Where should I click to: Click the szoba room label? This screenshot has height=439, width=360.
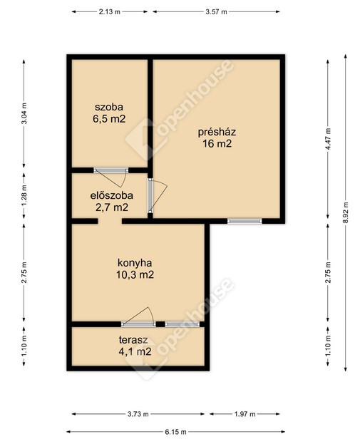tap(109, 107)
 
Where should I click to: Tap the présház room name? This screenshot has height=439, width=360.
tap(217, 132)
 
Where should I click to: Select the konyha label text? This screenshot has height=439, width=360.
tap(135, 263)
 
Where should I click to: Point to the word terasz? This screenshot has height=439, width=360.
tap(133, 340)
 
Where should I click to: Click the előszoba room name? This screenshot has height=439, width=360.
tap(111, 195)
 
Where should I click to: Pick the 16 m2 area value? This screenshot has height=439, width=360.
tap(217, 144)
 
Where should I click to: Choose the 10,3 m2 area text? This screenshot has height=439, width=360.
tap(135, 274)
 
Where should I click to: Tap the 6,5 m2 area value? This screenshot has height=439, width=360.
tap(109, 119)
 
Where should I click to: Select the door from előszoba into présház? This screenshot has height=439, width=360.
tap(157, 196)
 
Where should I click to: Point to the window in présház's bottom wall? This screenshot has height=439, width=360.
tap(245, 221)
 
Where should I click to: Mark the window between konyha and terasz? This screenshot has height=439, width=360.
tap(182, 324)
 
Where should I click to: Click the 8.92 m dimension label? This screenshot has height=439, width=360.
tap(346, 212)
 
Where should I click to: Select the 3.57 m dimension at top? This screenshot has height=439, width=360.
tap(216, 11)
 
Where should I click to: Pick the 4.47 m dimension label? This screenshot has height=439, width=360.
tap(328, 139)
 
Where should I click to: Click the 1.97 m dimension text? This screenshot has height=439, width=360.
tap(245, 414)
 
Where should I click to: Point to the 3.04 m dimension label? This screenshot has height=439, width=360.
tap(24, 113)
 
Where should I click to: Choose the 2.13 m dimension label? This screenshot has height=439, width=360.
tap(110, 11)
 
